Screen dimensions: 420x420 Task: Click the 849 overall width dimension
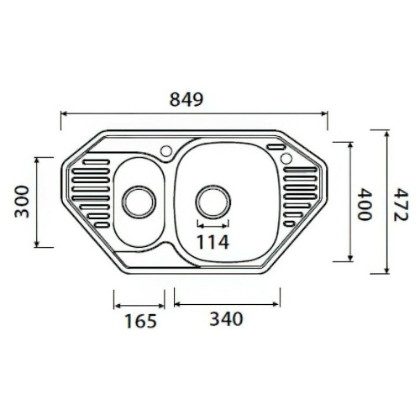point(186,99)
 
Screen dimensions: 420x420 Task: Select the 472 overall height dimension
point(401,205)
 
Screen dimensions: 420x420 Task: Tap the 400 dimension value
point(365,204)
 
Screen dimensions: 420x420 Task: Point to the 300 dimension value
point(22,202)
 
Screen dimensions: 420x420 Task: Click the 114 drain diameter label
point(213,242)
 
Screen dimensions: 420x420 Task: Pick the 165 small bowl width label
point(140,321)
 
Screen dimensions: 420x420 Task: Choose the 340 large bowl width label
point(226,319)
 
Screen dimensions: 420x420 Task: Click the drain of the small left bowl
point(139,202)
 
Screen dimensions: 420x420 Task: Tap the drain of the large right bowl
point(213,202)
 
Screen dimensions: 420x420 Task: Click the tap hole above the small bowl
point(166,151)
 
